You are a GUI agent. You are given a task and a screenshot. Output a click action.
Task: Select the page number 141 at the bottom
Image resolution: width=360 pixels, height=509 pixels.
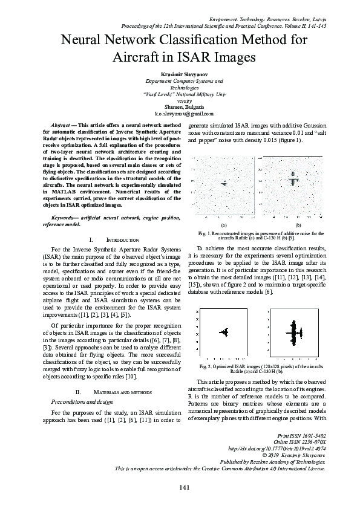[x=180, y=487]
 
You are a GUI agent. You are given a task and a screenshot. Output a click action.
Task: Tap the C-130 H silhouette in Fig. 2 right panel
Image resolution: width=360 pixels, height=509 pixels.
[x=296, y=332]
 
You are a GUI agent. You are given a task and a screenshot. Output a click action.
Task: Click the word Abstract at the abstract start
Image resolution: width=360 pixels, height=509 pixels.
[x=60, y=123]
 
